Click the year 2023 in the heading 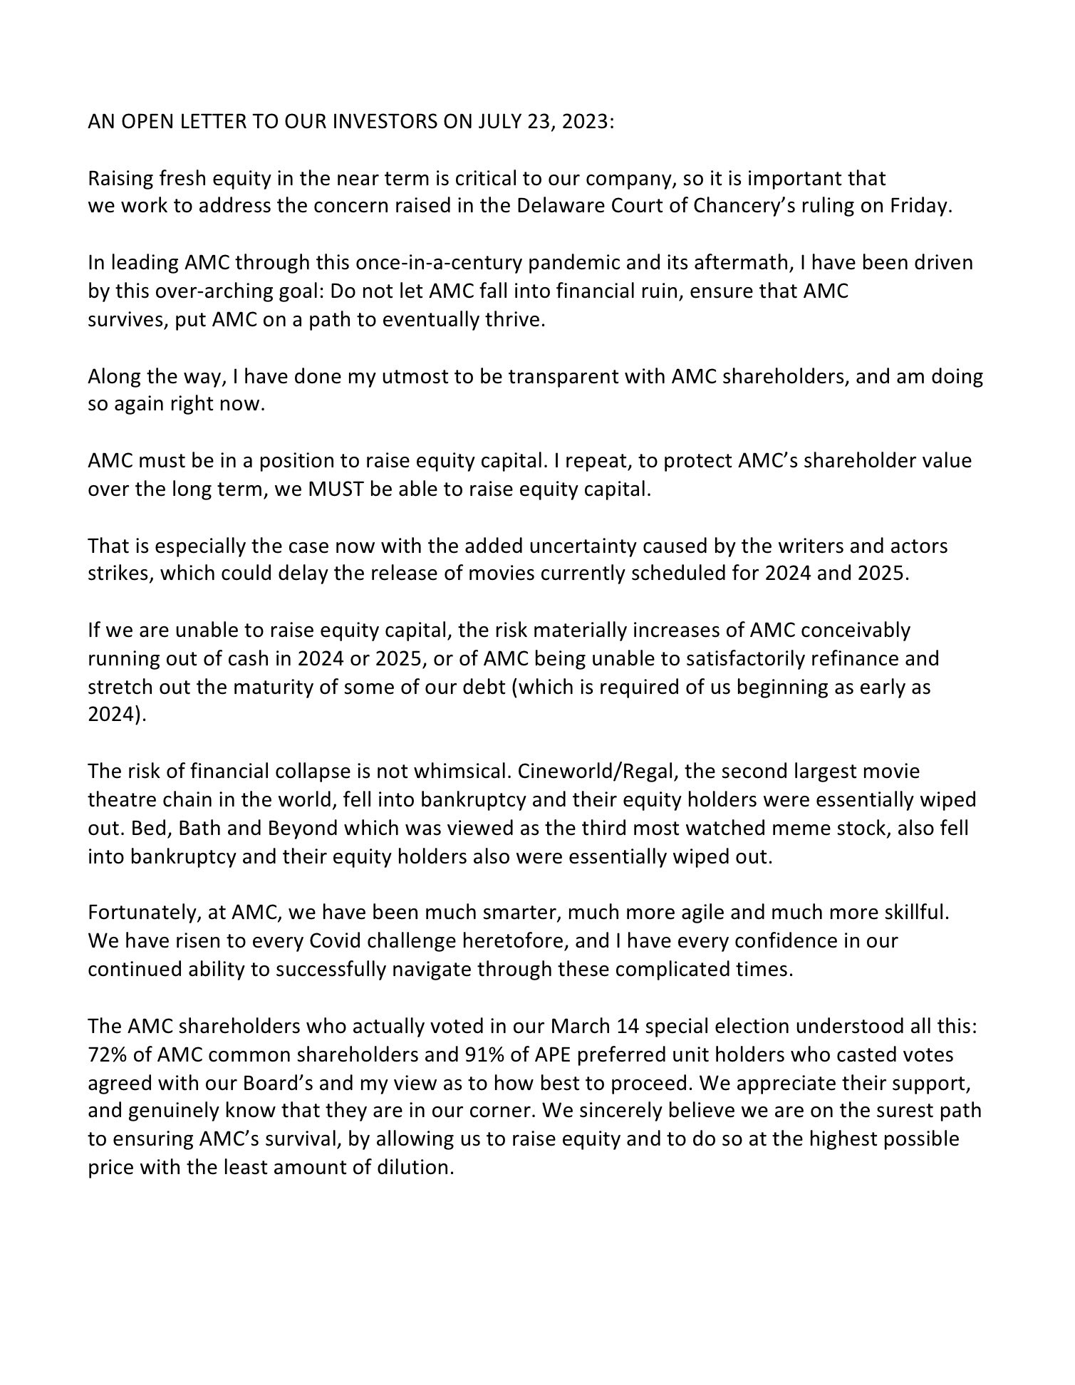[x=586, y=122]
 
